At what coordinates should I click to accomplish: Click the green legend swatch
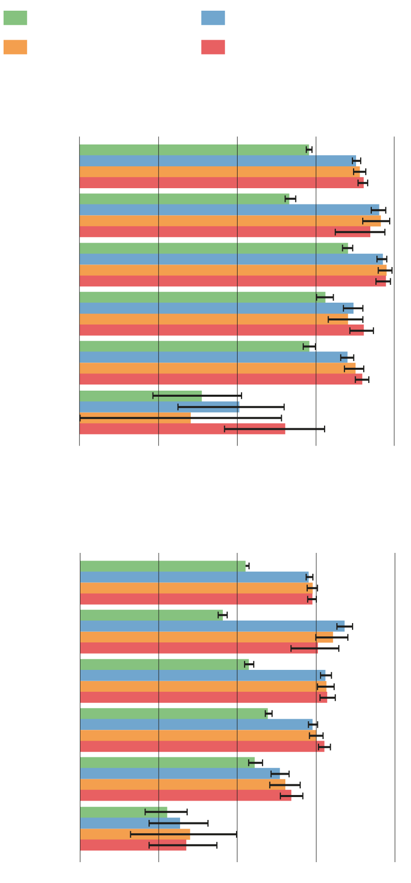coord(15,18)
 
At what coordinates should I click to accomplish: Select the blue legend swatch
coord(213,18)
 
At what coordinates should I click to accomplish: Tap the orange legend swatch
coord(15,47)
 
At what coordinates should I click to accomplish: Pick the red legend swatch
coord(213,47)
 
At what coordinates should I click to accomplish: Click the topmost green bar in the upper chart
coord(194,150)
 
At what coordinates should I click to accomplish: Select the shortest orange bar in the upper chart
coord(135,418)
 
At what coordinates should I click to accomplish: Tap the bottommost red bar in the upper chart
coord(182,429)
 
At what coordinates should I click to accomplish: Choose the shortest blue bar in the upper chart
coord(159,407)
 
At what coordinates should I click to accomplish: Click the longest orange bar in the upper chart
coord(233,270)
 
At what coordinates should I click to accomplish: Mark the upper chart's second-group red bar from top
coord(225,232)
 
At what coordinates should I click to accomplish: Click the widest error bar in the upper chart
coord(181,418)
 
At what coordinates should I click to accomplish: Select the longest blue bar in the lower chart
coord(212,626)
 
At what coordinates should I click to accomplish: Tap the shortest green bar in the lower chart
coord(124,812)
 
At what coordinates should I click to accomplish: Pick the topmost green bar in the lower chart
coord(163,566)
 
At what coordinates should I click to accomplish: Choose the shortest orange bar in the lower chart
coord(135,834)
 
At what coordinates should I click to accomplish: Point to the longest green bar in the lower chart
coord(174,714)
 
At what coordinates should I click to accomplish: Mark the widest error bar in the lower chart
coord(184,834)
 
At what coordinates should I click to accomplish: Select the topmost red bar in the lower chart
coord(196,599)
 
